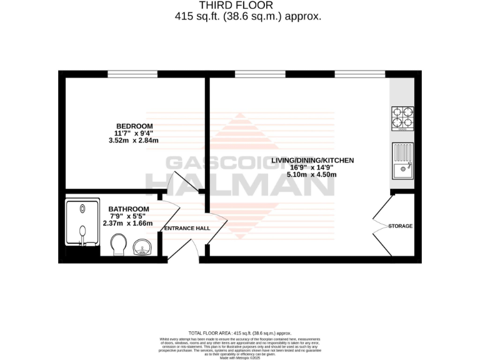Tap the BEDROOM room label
coord(134,126)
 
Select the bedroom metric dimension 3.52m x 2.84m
coord(134,141)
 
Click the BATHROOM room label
coord(129,209)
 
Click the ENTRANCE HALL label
coord(187,228)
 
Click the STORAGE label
coord(400,226)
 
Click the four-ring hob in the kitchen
coord(402,119)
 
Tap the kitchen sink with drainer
coord(402,160)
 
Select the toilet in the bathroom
coord(117,244)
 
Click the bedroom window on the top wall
coord(132,74)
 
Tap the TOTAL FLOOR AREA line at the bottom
coord(240,333)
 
